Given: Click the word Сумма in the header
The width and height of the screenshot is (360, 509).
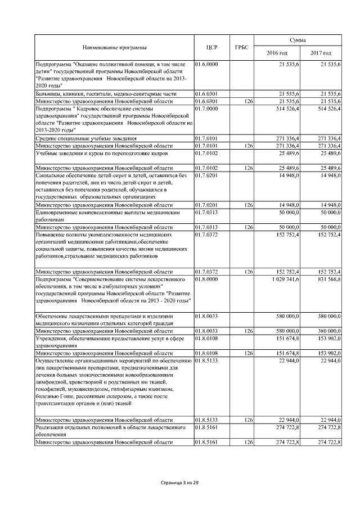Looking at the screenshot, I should (x=298, y=40).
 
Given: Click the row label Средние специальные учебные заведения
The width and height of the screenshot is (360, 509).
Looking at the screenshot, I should (x=86, y=138).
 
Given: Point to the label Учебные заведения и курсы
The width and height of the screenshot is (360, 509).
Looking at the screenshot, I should (x=97, y=152).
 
